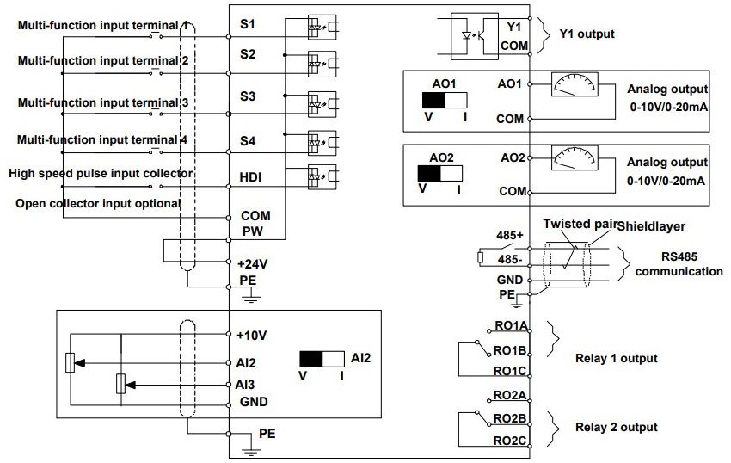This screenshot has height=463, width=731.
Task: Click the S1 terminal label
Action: [247, 23]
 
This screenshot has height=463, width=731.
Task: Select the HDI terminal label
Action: [250, 177]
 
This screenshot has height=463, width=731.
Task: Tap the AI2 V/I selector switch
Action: [322, 361]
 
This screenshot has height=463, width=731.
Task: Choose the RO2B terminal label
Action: [510, 419]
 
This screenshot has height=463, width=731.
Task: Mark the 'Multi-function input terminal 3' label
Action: [104, 102]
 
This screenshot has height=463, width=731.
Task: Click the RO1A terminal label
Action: [510, 327]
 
